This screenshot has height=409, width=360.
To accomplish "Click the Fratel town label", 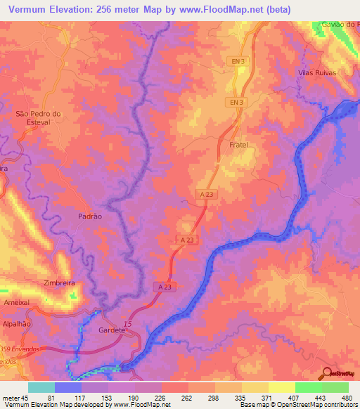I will coord(239,145).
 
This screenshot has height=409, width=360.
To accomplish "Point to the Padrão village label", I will coord(89,216).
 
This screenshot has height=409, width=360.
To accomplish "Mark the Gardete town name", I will coord(112,330).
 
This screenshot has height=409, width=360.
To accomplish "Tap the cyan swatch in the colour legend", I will coord(41,387).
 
